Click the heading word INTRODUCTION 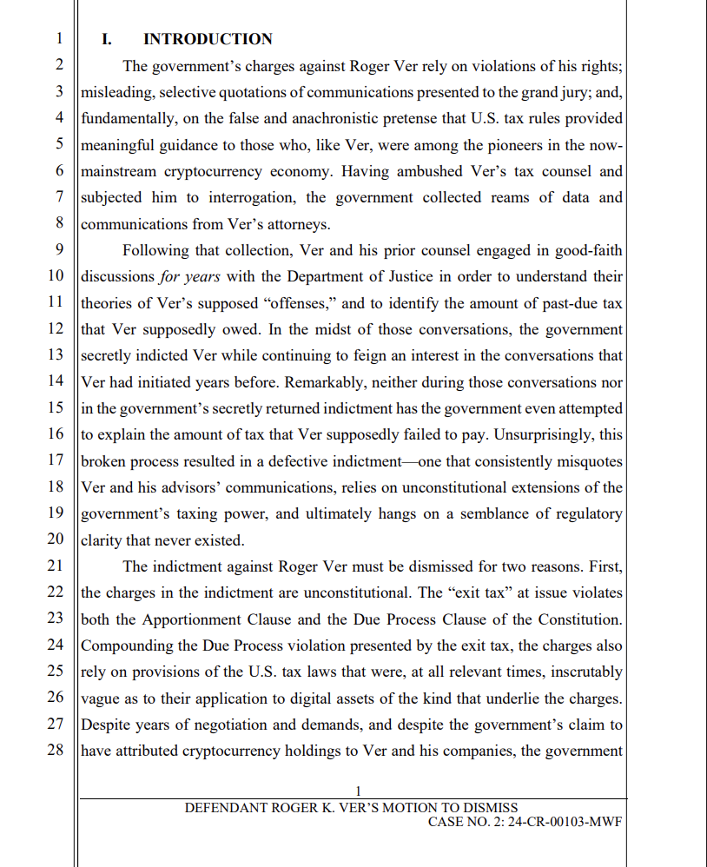(208, 39)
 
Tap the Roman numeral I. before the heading (108, 39)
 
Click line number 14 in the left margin (55, 381)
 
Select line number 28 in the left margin (55, 750)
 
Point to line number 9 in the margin (59, 250)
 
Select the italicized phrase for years (189, 276)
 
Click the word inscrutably (585, 671)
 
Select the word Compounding (125, 645)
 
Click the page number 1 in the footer (359, 791)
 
